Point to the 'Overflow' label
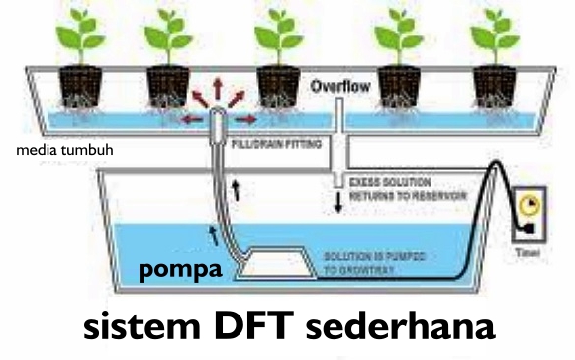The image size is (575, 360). (339, 87)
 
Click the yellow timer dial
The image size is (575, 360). (528, 204)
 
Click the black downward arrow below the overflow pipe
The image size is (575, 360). (337, 205)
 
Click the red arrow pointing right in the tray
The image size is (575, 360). (247, 119)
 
